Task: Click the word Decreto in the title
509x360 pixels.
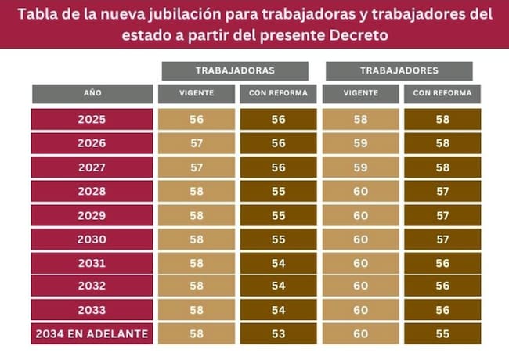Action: point(355,35)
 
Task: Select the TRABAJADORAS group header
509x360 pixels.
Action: point(235,70)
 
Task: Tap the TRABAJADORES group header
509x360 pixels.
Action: point(399,70)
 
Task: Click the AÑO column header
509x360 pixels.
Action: point(92,94)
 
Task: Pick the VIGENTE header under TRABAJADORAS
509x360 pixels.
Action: point(196,94)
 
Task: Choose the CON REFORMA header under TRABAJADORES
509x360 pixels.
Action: point(442,94)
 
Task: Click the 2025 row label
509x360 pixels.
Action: point(92,120)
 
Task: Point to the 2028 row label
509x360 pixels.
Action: point(92,190)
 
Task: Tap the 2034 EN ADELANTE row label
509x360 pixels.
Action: point(92,334)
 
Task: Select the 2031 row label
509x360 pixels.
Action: point(92,262)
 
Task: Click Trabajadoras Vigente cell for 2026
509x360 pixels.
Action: point(196,143)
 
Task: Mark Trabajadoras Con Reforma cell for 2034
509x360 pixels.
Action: point(278,334)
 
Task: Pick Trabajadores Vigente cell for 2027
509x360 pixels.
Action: point(360,167)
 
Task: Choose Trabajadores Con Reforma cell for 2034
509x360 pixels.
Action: point(442,334)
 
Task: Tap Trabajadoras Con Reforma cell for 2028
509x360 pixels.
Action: point(278,190)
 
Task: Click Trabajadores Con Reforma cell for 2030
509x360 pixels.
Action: point(442,238)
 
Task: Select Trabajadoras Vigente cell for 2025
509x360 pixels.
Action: point(196,120)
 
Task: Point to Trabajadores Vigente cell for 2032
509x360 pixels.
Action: point(360,286)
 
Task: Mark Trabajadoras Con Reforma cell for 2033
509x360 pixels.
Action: point(278,310)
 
